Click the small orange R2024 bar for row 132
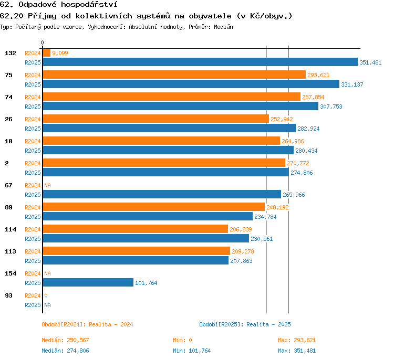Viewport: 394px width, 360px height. (47, 52)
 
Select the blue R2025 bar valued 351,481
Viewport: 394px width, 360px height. (200, 62)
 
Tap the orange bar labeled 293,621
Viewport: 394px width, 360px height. (174, 75)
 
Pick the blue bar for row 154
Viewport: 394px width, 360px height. (88, 282)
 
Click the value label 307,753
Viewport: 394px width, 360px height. (331, 107)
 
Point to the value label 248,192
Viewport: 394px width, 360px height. (277, 207)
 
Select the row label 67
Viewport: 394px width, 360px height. (8, 185)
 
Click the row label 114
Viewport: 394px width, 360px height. (11, 229)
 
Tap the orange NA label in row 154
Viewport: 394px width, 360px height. (47, 273)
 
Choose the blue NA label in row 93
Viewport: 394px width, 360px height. (47, 305)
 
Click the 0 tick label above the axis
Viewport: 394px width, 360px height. (42, 43)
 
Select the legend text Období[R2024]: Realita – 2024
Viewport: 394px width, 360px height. (87, 324)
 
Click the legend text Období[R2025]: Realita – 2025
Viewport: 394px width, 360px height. (245, 324)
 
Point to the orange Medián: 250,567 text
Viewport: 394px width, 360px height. (65, 340)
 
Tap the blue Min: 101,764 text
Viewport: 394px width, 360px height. (192, 351)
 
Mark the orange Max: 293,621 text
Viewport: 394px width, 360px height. (297, 340)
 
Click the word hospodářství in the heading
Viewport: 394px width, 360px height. (89, 5)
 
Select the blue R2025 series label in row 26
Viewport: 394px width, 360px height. (33, 129)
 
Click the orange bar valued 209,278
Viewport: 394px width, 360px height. (137, 251)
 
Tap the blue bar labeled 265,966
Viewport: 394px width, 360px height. (162, 194)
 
